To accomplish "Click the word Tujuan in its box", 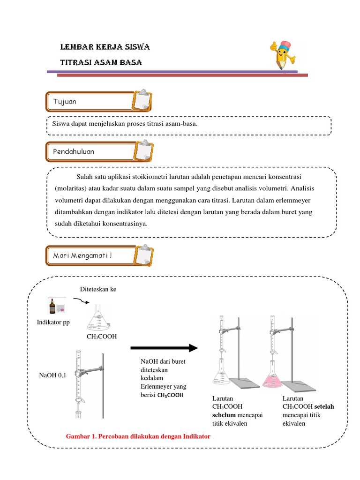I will coord(65,102).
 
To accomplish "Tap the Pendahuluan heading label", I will coord(74,151).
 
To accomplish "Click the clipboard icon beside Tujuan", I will coord(142,101).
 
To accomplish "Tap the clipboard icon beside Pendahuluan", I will coord(142,150).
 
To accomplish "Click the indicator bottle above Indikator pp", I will coord(52,307).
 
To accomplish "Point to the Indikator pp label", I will coord(53,323).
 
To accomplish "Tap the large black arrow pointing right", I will coord(164,348).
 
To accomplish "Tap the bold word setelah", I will coord(324,406).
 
